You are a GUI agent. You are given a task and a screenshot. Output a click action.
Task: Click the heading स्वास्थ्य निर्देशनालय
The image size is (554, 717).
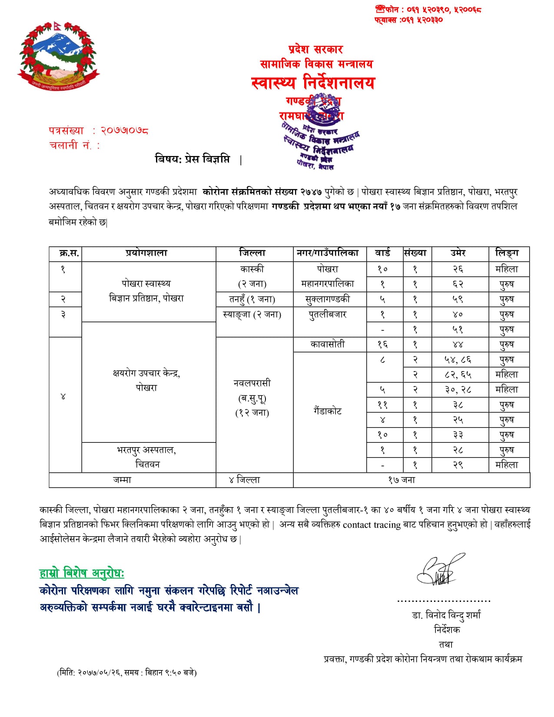coord(313,83)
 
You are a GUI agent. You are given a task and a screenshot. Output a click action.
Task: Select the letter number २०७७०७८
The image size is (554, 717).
coord(125,130)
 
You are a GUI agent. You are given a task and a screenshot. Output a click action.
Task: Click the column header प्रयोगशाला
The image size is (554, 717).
coord(146,253)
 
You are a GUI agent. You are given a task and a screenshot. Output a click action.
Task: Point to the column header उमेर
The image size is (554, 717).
coord(458,253)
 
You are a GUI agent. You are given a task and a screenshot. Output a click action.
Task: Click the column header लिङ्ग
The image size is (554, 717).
coord(507,253)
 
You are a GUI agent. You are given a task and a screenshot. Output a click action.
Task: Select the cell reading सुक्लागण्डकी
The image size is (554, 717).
coord(328,299)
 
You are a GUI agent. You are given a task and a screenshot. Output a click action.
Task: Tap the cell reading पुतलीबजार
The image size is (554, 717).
coord(328,314)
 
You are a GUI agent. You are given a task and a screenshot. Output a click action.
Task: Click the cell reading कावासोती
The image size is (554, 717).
coord(328,344)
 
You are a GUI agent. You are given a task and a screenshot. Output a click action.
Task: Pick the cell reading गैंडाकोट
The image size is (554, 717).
coord(328,411)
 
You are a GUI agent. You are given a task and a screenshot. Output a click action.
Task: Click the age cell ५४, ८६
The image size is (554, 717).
coord(458,359)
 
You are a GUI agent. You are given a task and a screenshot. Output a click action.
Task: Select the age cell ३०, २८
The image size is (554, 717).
coord(458,390)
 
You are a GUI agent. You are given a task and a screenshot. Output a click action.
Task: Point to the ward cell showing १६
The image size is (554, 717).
coord(382,345)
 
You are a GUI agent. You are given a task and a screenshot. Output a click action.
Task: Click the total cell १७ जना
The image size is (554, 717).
coord(401,480)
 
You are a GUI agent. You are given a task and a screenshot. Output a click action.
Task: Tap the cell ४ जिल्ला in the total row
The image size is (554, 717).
coord(244,480)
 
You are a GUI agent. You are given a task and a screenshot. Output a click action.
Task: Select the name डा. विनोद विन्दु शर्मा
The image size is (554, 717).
coord(446,615)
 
